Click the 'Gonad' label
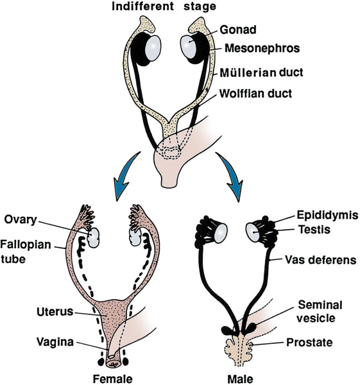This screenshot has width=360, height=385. (237, 30)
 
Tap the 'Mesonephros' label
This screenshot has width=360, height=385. (262, 48)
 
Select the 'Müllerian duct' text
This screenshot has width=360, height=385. (261, 73)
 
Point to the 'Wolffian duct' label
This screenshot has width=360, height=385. (255, 94)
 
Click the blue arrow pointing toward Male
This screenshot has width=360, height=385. (230, 176)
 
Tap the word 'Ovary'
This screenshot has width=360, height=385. (21, 219)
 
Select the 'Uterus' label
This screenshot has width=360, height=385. (55, 312)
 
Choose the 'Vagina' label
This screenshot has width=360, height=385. (55, 341)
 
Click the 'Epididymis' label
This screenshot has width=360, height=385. (327, 215)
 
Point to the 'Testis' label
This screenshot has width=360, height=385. (314, 230)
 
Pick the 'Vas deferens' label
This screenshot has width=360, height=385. (320, 260)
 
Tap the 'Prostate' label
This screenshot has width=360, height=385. (309, 342)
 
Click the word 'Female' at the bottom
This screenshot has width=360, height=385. (113, 379)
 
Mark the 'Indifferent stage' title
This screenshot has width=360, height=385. (164, 6)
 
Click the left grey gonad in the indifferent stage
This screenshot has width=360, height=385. (153, 48)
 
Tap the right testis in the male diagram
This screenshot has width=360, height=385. (253, 232)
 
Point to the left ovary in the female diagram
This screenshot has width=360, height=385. (93, 237)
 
